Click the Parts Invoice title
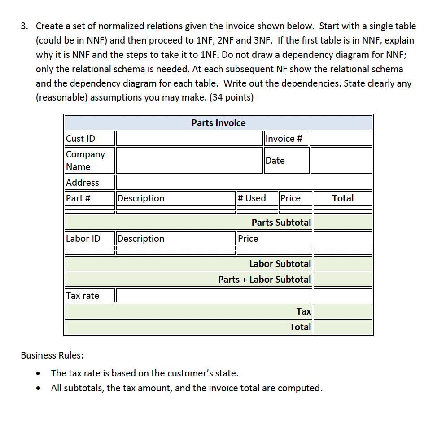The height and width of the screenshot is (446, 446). tap(219, 123)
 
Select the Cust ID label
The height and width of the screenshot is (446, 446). tap(81, 138)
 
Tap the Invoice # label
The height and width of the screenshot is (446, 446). tap(283, 138)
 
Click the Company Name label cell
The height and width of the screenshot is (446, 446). tap(85, 160)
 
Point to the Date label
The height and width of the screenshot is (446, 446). tap(275, 160)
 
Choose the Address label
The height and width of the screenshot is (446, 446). tap(83, 182)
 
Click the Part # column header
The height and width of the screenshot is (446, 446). tap(79, 198)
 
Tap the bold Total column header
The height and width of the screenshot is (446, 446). tap(343, 198)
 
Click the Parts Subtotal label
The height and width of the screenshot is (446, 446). tap(281, 222)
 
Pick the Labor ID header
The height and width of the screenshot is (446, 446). tap(83, 238)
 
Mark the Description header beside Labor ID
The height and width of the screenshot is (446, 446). tap(141, 238)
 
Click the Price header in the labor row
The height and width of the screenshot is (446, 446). tap(248, 238)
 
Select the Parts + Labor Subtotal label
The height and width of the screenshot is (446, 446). tap(264, 279)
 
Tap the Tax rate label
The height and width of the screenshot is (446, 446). tap(83, 295)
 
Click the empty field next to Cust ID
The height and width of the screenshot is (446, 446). tap(189, 138)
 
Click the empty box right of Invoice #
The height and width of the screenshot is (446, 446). tap(341, 138)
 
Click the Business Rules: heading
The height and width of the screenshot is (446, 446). tap(52, 355)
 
